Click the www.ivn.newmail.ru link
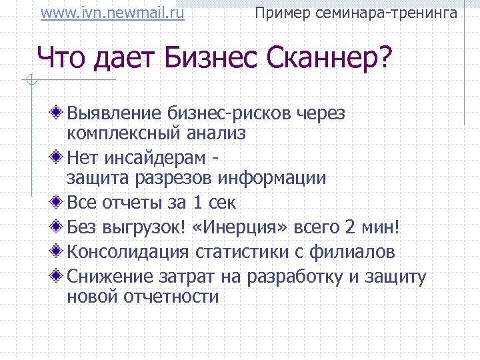tap(112, 13)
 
